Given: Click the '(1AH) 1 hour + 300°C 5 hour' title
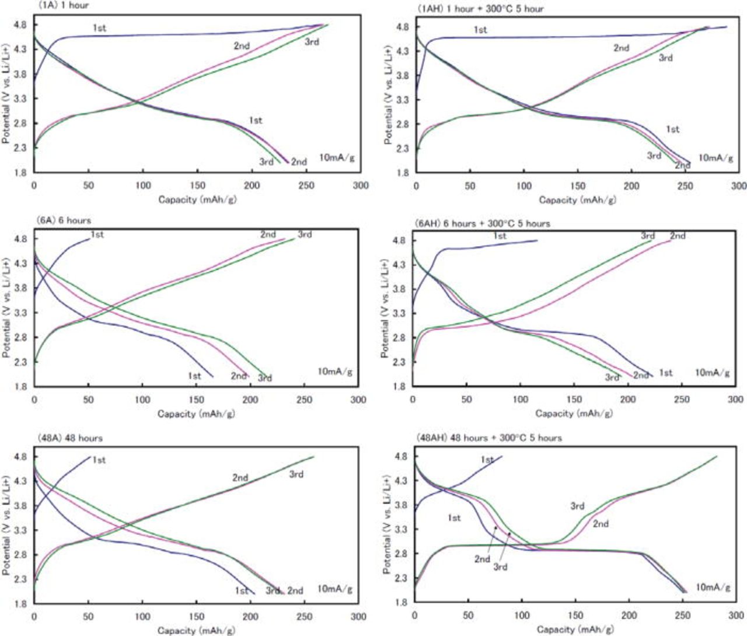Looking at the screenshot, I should tap(480, 9).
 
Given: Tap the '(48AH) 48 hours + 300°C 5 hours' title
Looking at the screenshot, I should tap(488, 438).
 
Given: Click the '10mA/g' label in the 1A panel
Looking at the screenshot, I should tap(337, 158).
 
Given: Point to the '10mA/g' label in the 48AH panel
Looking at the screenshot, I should tap(713, 588).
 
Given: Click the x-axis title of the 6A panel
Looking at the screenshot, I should tap(196, 414).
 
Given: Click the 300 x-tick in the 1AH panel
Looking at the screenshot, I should tap(739, 186).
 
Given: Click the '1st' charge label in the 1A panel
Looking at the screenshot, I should tap(99, 28).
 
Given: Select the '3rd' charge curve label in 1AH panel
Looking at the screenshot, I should tap(666, 58).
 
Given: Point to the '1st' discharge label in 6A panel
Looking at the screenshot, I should tap(194, 376).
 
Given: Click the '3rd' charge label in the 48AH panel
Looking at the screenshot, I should tap(577, 506).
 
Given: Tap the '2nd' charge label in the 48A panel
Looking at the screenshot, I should tap(240, 477).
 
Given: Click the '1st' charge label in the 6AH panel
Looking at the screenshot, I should tap(500, 236).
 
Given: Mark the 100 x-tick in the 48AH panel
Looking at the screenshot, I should tap(522, 616).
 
